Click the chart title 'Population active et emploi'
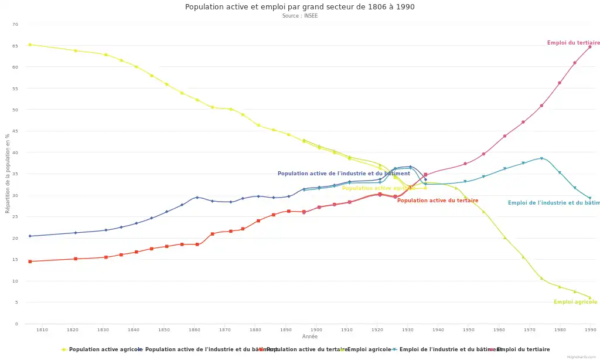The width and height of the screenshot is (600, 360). tap(299, 7)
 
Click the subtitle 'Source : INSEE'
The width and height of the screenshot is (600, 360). tap(299, 16)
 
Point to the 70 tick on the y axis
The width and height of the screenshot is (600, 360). tap(15, 24)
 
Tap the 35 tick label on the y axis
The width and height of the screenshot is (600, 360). tap(15, 174)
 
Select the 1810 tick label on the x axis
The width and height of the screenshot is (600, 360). tap(42, 330)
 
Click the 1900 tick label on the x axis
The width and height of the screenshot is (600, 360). tap(316, 330)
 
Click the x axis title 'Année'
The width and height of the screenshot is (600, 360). tap(310, 337)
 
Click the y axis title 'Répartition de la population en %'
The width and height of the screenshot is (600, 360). tap(8, 174)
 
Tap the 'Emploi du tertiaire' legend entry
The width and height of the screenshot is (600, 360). tap(523, 349)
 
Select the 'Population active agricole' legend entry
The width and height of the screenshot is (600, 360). tap(101, 349)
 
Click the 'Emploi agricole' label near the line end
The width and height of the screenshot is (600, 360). tap(575, 302)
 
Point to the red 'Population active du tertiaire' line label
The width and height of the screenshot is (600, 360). tap(437, 201)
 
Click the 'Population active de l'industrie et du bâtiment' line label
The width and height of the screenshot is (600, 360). tap(343, 174)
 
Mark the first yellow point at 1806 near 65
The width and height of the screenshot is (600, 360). tap(30, 45)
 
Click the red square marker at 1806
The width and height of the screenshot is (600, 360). tap(30, 261)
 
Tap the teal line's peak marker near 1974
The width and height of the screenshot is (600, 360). tap(541, 158)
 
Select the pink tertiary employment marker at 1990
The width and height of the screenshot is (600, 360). tap(589, 47)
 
